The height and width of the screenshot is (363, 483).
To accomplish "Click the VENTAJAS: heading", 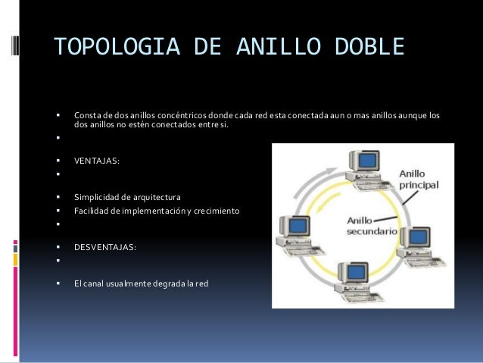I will [x=96, y=161].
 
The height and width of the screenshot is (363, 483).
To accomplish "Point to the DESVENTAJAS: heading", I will [x=105, y=247].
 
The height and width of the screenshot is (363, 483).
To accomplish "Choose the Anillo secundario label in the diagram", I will [x=371, y=226].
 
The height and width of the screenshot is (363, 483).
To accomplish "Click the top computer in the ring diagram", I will [x=362, y=167].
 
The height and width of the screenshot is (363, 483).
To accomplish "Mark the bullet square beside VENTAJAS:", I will [x=58, y=161].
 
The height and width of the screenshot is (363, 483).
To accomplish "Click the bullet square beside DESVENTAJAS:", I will [x=58, y=247].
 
